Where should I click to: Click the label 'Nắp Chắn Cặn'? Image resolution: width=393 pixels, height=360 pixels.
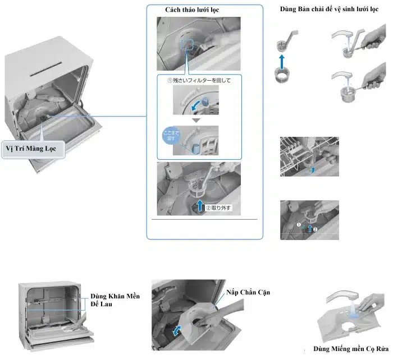[x=248, y=293]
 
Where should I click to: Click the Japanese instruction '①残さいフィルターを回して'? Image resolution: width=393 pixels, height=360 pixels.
[x=199, y=81]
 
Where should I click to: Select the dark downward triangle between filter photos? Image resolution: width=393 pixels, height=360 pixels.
[x=195, y=121]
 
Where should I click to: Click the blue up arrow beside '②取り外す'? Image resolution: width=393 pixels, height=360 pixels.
[x=199, y=205]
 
